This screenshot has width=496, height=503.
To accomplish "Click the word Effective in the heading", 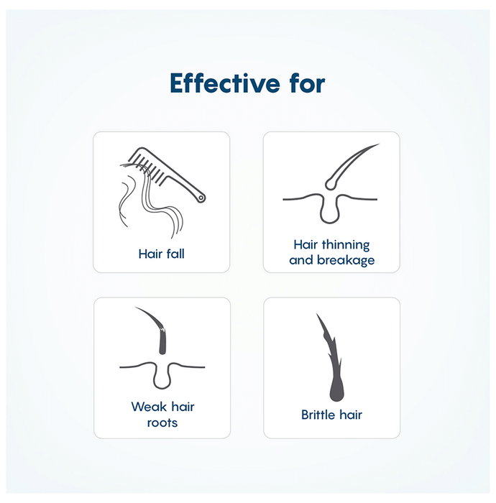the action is point(225,83).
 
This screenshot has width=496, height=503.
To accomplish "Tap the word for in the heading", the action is point(308,83).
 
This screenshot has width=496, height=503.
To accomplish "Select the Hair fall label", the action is point(161,254).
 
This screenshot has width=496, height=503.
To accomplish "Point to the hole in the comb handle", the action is point(201,198).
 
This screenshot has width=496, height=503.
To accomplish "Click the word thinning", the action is point(346,245).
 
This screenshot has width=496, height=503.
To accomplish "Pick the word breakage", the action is point(346,260).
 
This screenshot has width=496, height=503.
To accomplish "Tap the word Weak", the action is point(150,407).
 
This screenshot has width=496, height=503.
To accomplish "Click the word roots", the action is point(162,423).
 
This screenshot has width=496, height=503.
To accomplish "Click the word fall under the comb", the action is point(175,254).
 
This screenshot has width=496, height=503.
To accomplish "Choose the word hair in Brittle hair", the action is point(351,415).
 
